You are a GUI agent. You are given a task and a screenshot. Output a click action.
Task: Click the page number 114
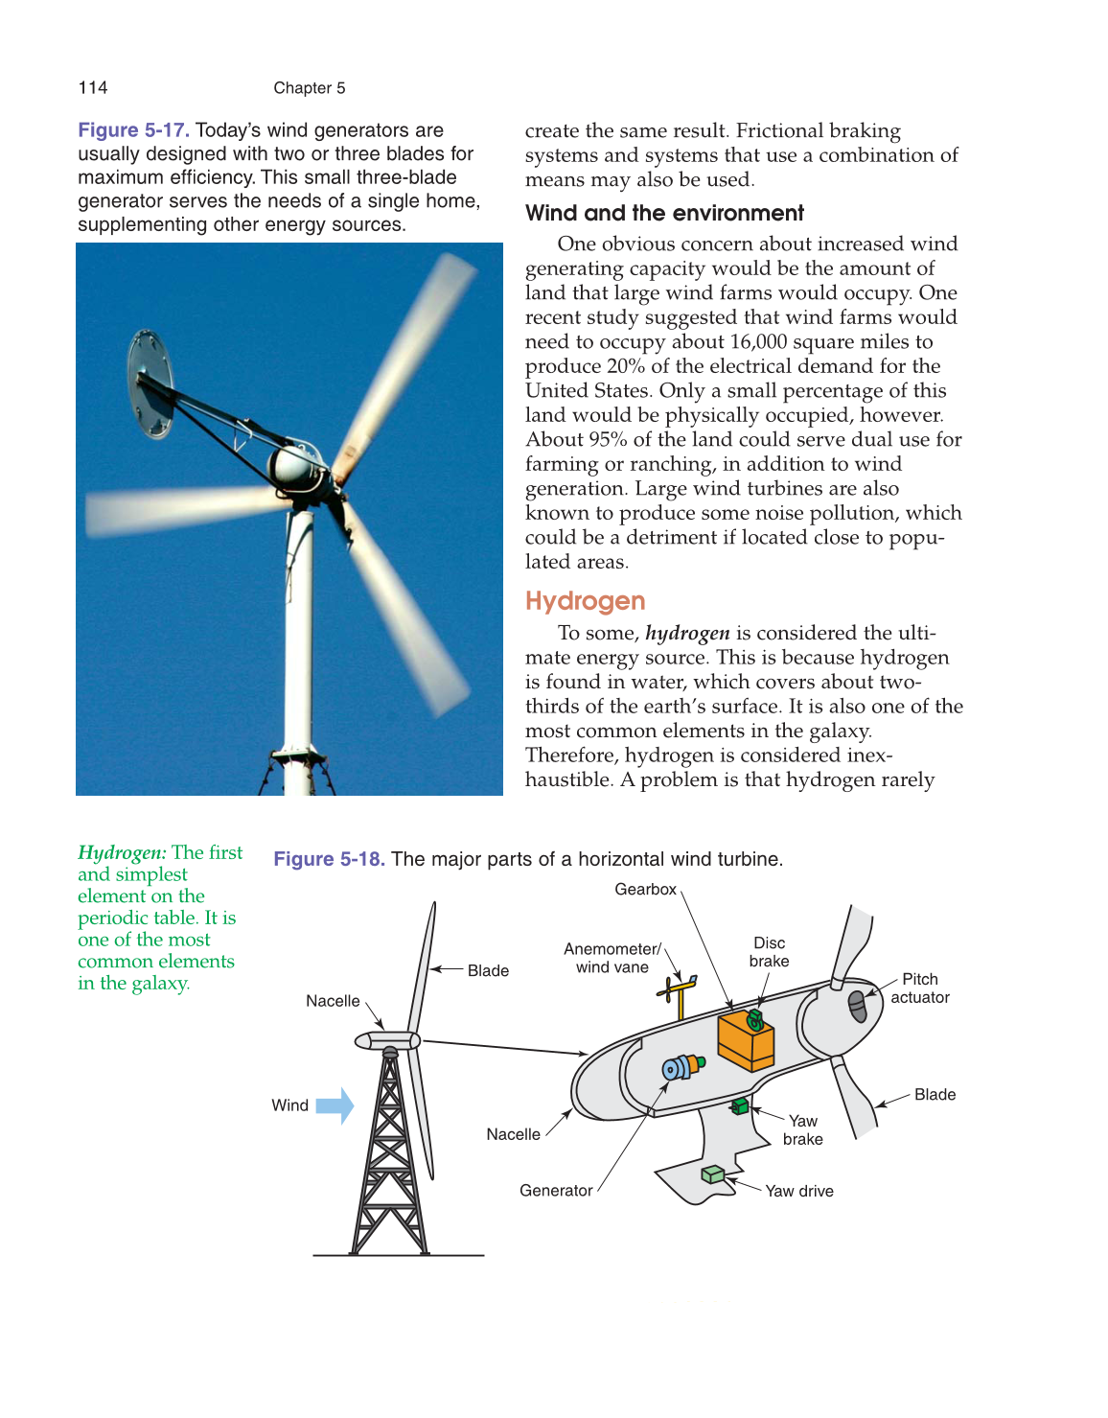(x=93, y=88)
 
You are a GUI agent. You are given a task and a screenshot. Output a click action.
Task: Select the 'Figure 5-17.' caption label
(x=133, y=130)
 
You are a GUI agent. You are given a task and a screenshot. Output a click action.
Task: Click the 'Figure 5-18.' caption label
(x=329, y=859)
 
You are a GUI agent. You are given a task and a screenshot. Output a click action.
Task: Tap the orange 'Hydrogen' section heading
(x=585, y=601)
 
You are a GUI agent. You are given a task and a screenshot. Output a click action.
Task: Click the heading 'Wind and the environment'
(x=664, y=214)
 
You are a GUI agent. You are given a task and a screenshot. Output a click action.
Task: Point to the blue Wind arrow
(x=335, y=1105)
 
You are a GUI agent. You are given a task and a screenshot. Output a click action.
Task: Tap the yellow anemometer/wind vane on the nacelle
(x=680, y=996)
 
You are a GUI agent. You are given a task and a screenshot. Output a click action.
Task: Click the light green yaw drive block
(x=712, y=1174)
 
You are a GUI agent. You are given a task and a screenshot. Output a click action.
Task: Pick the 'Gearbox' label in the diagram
(x=645, y=890)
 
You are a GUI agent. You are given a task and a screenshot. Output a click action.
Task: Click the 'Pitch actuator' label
(x=920, y=988)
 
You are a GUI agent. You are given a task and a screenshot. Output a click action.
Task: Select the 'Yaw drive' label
(x=799, y=1191)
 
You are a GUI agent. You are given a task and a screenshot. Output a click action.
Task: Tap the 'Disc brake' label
(x=769, y=952)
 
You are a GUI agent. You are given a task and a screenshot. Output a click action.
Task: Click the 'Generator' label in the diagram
(x=556, y=1191)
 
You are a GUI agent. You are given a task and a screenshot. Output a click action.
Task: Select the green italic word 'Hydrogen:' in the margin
(x=122, y=852)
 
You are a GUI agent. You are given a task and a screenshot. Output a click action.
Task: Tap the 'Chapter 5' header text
(x=309, y=88)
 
